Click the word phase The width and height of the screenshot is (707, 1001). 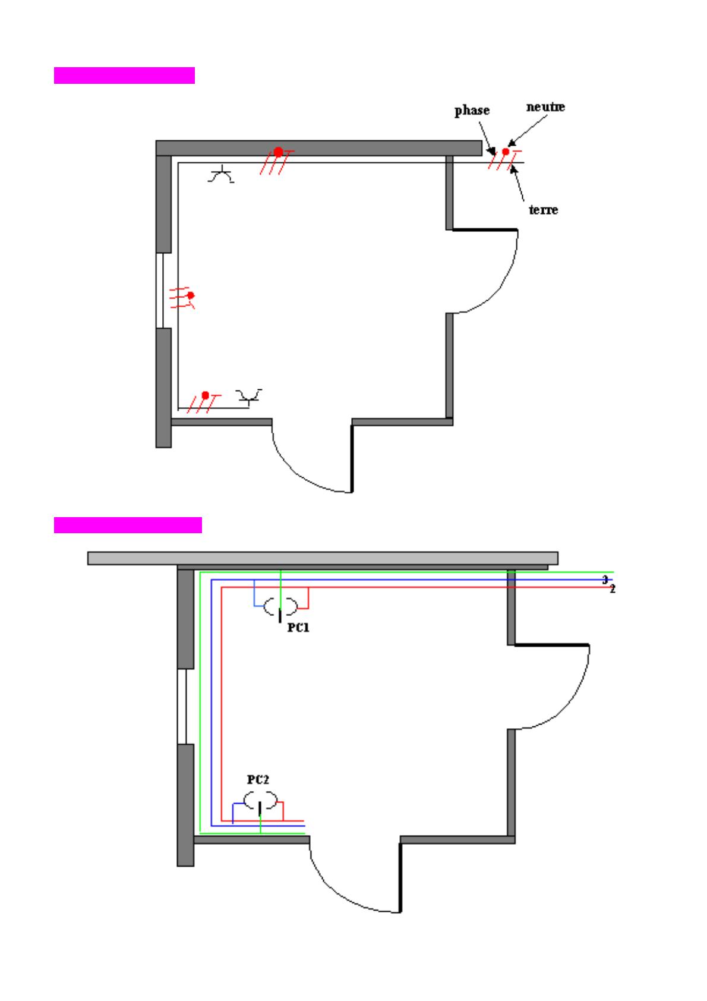472,111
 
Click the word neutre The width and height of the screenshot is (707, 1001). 545,107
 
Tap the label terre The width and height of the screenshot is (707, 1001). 543,210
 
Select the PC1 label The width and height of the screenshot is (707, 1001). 298,628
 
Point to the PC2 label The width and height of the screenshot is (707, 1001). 258,780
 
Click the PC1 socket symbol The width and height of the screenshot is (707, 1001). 280,609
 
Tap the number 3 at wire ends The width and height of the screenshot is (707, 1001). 605,580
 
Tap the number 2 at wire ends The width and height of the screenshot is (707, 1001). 613,590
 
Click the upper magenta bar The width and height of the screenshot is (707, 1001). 124,75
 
